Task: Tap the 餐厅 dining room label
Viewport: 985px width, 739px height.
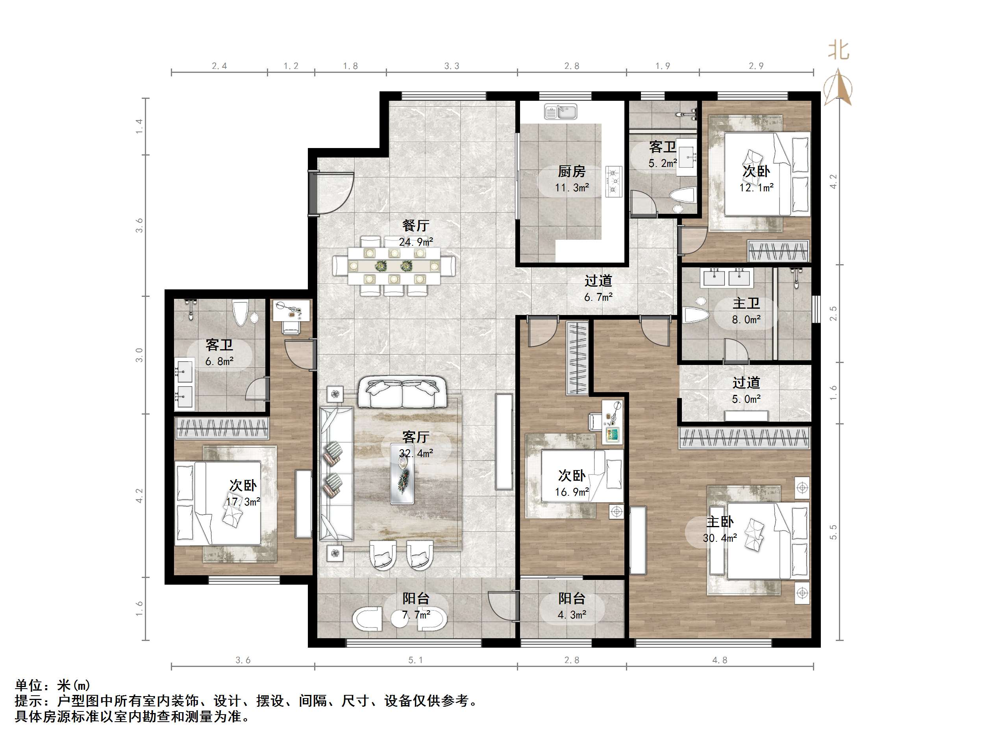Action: tap(415, 225)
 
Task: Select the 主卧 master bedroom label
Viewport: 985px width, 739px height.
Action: tap(720, 522)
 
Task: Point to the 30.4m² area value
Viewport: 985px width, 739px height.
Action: tap(720, 538)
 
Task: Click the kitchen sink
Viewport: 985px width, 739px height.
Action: tap(561, 111)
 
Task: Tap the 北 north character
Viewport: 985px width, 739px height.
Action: tap(839, 50)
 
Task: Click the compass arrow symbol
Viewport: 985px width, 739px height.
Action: tap(838, 87)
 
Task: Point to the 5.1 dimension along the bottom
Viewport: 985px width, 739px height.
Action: tap(415, 660)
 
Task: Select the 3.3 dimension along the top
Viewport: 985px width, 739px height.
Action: tap(452, 66)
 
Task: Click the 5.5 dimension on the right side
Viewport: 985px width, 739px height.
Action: tap(833, 532)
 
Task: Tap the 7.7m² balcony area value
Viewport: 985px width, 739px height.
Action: tap(416, 615)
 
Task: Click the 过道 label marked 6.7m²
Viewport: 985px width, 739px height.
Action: tap(598, 281)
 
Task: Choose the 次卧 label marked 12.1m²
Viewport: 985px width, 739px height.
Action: tap(756, 171)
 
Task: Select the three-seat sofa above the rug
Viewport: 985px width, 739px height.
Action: tap(402, 392)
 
